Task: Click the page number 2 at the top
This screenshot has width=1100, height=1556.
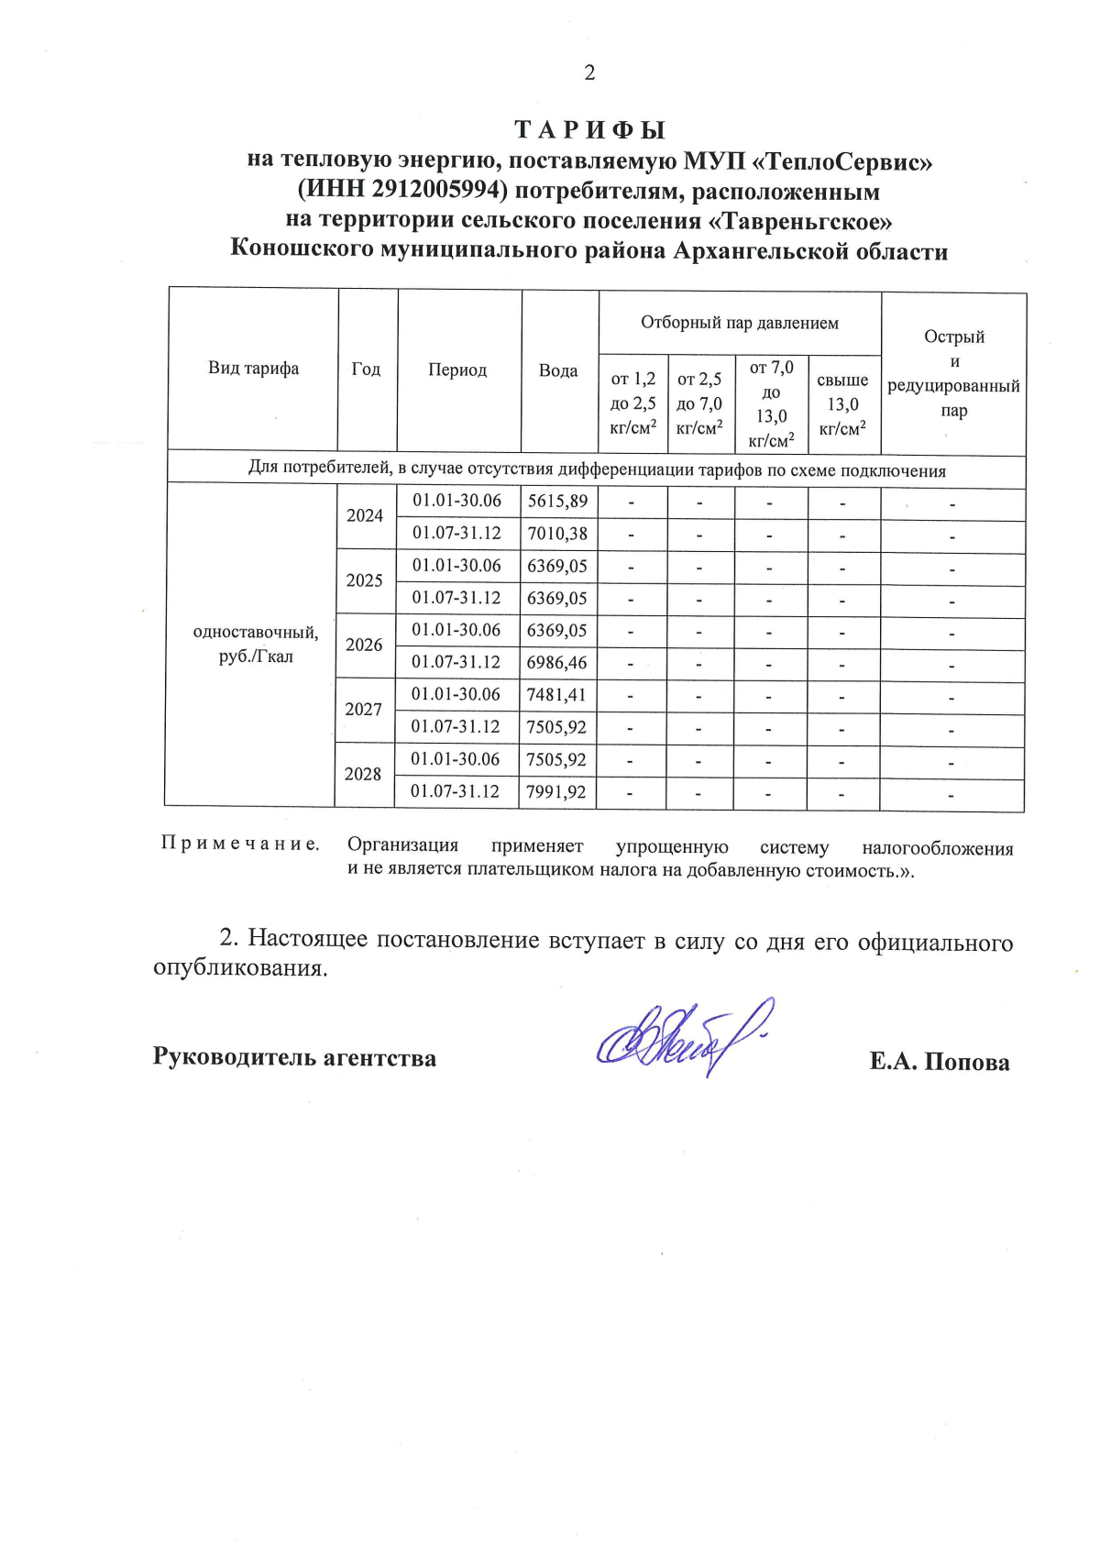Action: click(x=589, y=73)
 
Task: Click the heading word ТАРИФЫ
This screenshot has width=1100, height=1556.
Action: click(x=589, y=130)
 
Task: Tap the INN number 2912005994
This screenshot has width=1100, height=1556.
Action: click(x=438, y=191)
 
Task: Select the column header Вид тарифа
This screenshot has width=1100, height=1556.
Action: click(x=253, y=369)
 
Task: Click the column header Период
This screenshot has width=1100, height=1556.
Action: click(x=457, y=370)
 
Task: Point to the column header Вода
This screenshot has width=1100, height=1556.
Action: click(x=558, y=370)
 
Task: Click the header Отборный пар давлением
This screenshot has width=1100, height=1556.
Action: click(x=739, y=323)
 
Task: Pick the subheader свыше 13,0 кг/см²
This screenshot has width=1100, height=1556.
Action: click(x=842, y=404)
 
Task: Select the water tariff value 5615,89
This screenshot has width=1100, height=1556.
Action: click(x=557, y=502)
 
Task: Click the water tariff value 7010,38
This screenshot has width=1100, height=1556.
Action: click(x=557, y=534)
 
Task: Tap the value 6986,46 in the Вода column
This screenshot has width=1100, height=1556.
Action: click(x=556, y=662)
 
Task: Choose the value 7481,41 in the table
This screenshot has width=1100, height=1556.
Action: click(x=555, y=695)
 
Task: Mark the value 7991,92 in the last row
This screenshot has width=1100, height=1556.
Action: click(x=555, y=791)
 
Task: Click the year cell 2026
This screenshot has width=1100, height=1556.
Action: click(x=364, y=645)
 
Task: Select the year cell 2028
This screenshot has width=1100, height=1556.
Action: click(x=363, y=774)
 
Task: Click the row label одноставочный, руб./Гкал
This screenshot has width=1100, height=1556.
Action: click(x=256, y=645)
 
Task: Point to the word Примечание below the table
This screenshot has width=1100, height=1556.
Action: click(x=240, y=844)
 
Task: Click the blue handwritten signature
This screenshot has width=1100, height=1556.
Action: click(x=683, y=1036)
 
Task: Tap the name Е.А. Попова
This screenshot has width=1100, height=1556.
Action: click(x=940, y=1062)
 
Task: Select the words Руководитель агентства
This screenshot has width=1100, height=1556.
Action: click(x=294, y=1057)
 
